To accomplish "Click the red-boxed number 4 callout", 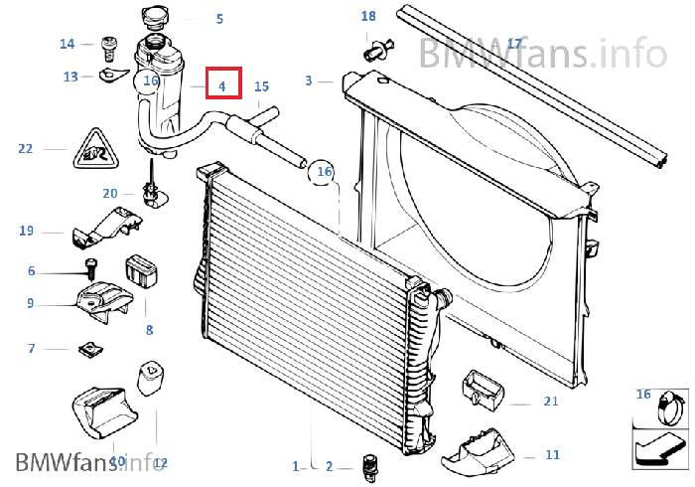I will point(222,86).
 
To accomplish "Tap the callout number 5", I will point(219,18).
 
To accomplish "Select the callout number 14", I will point(68,44).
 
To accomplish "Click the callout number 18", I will point(368,17).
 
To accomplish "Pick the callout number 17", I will point(513,44).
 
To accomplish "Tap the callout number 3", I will point(309,81).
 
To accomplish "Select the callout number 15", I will point(261,86).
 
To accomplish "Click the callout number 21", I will point(551,402).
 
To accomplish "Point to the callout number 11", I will point(553,455).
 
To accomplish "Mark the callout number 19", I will point(27,231).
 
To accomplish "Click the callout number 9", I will point(31,303).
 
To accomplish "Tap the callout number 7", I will point(32,348).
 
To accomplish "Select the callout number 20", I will point(109,193).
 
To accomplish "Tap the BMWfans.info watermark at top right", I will point(541,51).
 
